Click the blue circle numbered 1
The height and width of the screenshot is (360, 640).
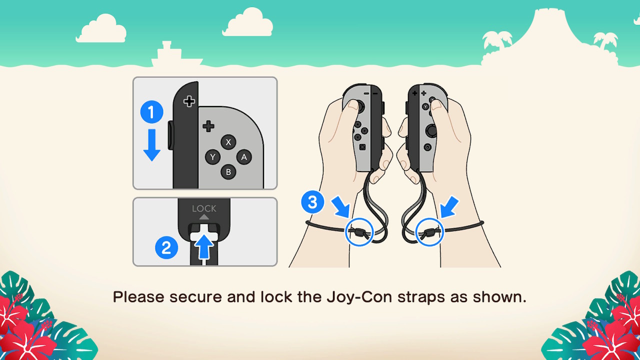point(151,111)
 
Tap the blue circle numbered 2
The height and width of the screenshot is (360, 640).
point(166,247)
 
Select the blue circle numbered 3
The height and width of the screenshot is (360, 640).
point(312,202)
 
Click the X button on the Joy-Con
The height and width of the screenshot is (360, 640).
point(228,142)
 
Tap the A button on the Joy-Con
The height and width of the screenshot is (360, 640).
point(244,157)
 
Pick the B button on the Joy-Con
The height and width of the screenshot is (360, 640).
point(228,172)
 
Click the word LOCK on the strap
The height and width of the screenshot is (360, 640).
point(204,208)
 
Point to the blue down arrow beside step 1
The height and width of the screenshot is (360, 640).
point(151,145)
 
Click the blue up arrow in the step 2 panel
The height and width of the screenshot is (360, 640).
point(204,247)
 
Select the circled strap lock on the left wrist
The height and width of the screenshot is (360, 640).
point(359,232)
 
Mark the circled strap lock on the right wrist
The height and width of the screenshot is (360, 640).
point(429,232)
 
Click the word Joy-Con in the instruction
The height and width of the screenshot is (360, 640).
point(359,297)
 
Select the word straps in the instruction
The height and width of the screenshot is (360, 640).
point(421,297)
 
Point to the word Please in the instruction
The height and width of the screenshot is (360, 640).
point(138,297)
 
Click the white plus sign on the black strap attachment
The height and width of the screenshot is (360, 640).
point(189,101)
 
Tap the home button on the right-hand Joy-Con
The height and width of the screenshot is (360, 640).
point(427,147)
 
